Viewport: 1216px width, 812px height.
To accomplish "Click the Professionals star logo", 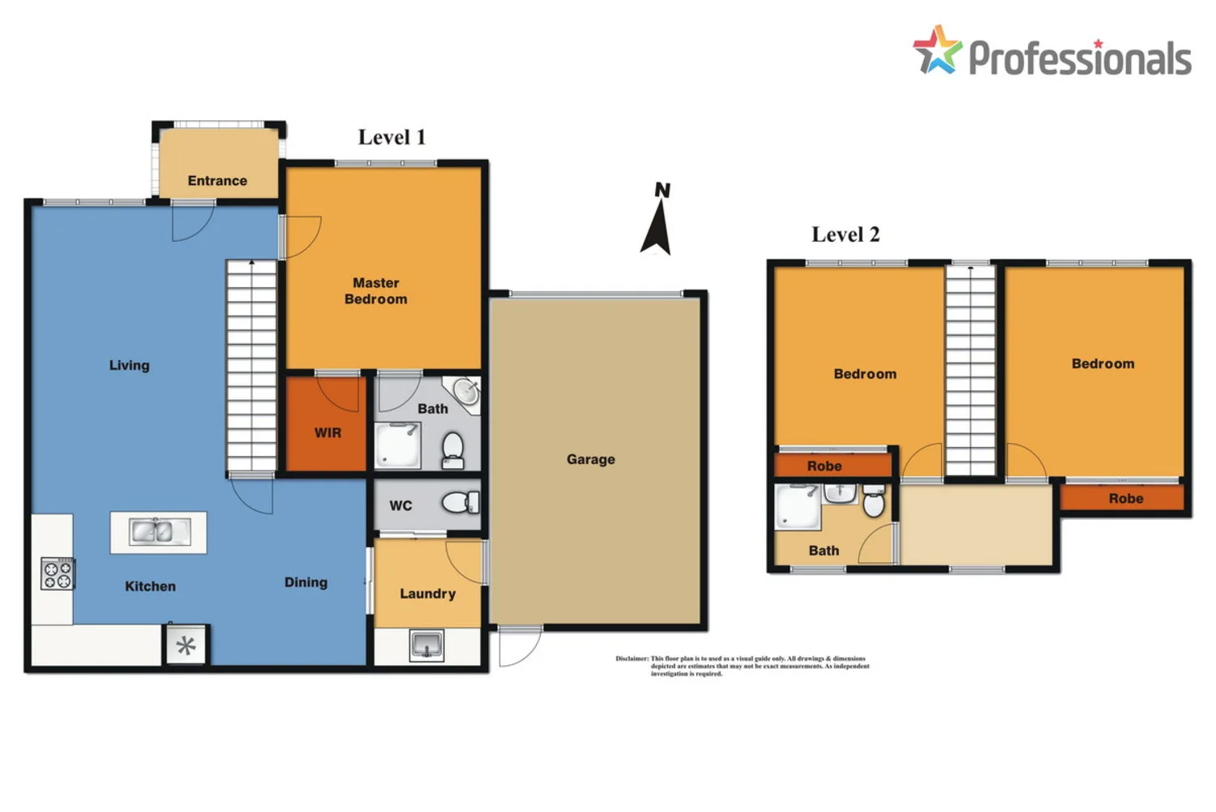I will click(x=937, y=50).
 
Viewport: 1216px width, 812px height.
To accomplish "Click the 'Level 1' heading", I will click(x=392, y=137).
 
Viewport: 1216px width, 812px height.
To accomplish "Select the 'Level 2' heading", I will click(x=846, y=234).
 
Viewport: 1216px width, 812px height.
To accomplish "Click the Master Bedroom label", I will click(x=376, y=290).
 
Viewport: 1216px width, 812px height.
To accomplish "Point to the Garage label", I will click(x=590, y=459).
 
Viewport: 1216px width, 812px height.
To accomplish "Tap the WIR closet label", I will click(x=328, y=432).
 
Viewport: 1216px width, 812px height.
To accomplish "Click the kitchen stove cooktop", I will click(x=58, y=574).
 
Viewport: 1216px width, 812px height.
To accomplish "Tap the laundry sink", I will click(x=427, y=646).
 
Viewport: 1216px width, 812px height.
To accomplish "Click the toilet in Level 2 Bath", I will click(x=873, y=502).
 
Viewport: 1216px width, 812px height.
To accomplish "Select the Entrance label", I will click(x=217, y=180).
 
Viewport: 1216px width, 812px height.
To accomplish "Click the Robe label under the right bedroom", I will click(x=1126, y=498).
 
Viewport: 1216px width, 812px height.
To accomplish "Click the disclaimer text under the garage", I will click(x=742, y=666).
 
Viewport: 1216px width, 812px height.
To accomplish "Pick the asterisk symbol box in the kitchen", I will click(x=186, y=646).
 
